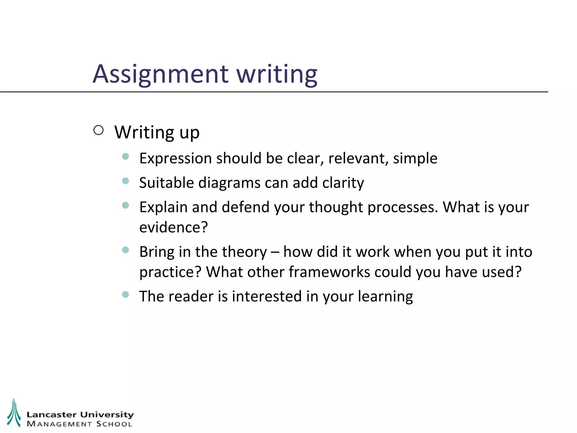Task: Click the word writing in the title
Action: click(277, 74)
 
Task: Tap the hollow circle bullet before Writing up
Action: click(99, 130)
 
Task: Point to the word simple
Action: click(415, 158)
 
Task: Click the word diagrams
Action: click(229, 183)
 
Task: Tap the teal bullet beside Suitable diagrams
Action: click(126, 181)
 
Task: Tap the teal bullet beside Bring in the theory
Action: click(126, 250)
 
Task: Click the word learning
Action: click(385, 297)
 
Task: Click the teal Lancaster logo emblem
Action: click(14, 413)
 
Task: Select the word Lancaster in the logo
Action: click(52, 415)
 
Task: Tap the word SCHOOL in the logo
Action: click(114, 424)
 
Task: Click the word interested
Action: click(267, 297)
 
